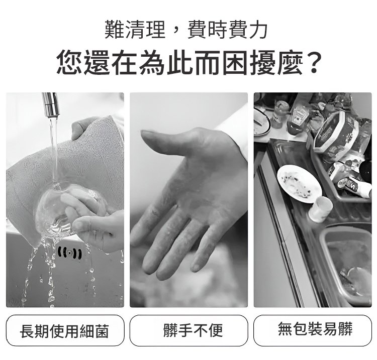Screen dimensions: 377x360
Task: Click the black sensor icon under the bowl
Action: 70,253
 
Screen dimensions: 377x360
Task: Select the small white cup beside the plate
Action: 320,209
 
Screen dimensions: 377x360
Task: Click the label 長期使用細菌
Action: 64,331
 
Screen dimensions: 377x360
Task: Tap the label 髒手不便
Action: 193,330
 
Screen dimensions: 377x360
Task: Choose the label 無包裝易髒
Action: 315,329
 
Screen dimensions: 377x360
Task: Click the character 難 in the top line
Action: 115,30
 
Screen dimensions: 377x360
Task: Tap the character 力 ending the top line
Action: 257,30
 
